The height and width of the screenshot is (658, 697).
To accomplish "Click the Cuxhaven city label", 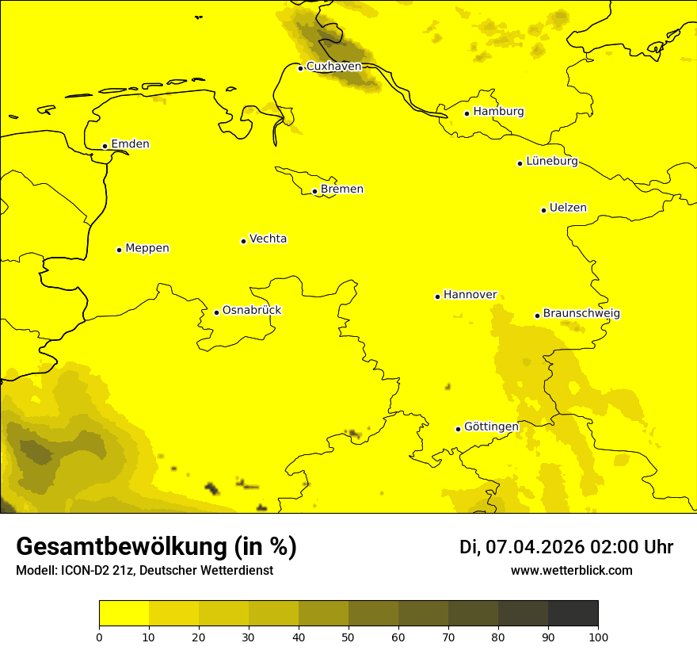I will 333,67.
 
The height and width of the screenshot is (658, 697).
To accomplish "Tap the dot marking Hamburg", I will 467,113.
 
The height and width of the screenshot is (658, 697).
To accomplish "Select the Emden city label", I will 130,144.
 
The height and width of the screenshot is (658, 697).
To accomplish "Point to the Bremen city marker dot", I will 314,191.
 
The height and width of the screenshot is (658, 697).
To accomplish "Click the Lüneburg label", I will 551,161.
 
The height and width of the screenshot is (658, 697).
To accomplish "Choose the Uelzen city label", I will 568,208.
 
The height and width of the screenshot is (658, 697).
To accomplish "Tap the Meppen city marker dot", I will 119,250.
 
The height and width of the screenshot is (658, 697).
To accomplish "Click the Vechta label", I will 268,239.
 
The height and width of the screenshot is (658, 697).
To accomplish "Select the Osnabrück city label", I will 252,310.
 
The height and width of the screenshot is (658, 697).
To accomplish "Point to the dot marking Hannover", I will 437,296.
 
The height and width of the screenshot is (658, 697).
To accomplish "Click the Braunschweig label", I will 581,313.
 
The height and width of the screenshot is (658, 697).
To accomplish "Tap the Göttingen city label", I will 491,427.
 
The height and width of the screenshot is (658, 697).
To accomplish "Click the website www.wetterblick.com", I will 571,571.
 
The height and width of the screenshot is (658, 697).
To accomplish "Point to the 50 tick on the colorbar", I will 348,636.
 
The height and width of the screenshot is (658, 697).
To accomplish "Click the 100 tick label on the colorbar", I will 598,637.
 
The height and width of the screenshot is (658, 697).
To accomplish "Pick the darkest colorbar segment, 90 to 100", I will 573,614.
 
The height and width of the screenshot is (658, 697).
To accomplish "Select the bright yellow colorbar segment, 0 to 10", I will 124,614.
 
